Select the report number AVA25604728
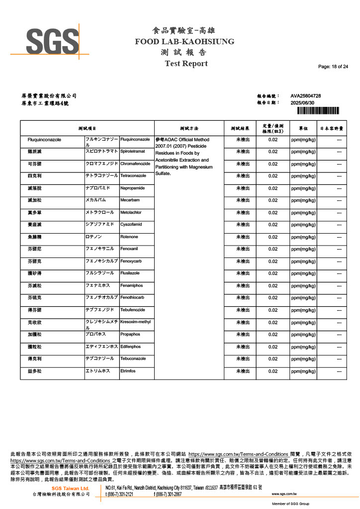[x=305, y=95]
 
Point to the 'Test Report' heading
[x=186, y=64]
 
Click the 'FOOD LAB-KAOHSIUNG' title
[x=184, y=42]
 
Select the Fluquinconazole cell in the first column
[x=44, y=140]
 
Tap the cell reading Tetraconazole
[x=133, y=176]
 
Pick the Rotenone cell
[x=129, y=237]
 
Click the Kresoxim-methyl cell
[x=135, y=322]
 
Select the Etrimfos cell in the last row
[x=128, y=371]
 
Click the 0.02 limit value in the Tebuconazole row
[x=272, y=359]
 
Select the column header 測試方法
[x=189, y=128]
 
